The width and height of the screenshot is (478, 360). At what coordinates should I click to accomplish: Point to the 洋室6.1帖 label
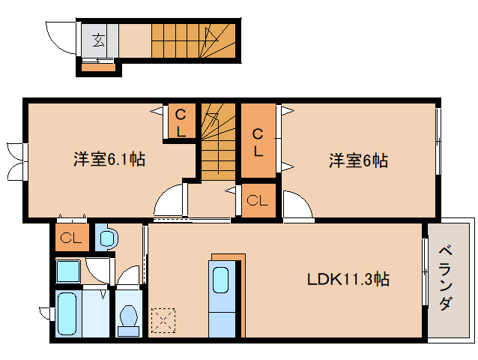click(109, 159)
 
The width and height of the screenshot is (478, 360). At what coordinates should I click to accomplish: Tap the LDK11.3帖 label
click(348, 280)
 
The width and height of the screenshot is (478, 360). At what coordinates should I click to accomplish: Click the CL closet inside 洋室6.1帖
click(181, 122)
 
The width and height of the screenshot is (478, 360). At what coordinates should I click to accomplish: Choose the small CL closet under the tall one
click(258, 200)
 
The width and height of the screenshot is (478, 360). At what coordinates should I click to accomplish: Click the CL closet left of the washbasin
click(72, 239)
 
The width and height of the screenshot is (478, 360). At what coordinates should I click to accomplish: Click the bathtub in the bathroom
click(67, 315)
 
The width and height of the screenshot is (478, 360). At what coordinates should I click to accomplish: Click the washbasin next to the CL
click(107, 239)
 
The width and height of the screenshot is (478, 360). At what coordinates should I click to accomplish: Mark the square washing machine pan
click(70, 270)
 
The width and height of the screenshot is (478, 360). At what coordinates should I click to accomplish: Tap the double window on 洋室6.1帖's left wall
click(15, 160)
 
